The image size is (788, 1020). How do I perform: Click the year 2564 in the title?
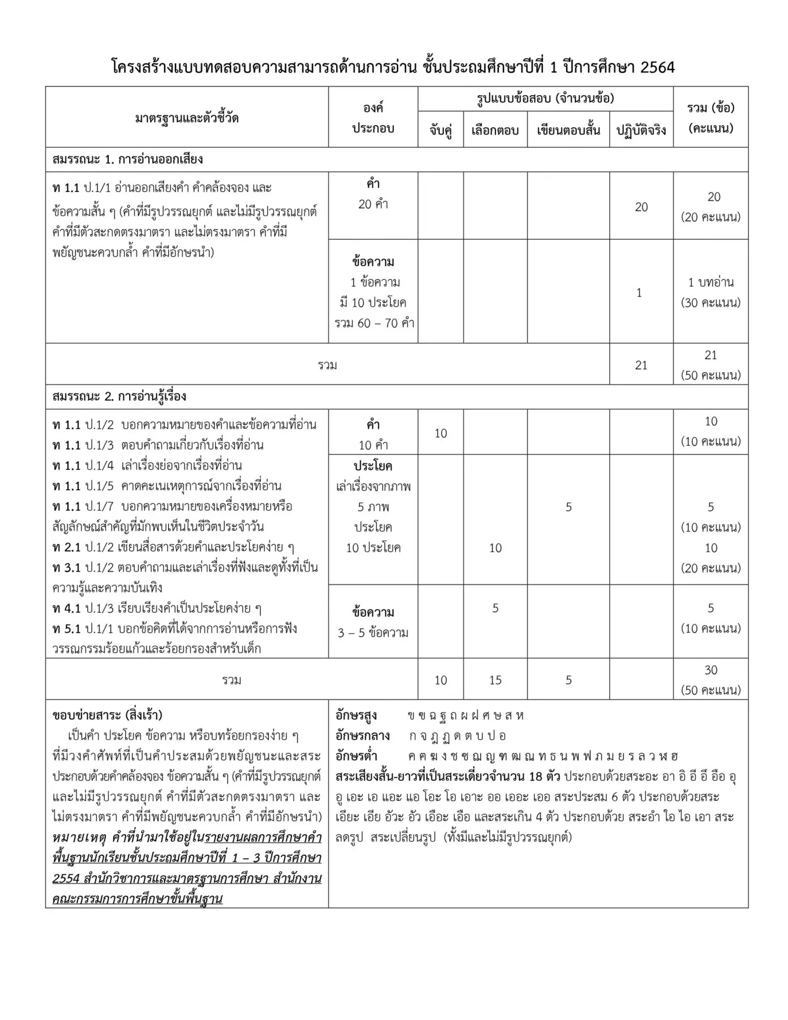(x=657, y=67)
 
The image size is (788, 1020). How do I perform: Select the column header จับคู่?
(x=440, y=130)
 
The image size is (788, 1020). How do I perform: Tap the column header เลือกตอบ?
(x=495, y=130)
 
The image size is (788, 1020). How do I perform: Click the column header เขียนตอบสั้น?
(x=568, y=130)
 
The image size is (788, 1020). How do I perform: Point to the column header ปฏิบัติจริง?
(x=641, y=130)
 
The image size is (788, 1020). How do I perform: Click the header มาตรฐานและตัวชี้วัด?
(x=187, y=118)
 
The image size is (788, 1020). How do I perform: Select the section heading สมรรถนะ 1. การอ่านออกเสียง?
(x=127, y=159)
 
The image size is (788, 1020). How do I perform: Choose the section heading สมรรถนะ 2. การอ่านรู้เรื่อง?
(x=119, y=396)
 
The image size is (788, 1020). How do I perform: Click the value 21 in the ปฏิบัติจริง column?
(x=641, y=365)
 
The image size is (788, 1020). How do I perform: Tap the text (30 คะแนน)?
(x=710, y=302)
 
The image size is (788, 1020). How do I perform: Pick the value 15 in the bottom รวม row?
(x=495, y=680)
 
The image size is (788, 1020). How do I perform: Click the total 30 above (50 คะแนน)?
(x=710, y=670)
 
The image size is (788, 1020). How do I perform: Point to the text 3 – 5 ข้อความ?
(x=372, y=633)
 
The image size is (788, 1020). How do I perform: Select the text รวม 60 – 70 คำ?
(x=374, y=323)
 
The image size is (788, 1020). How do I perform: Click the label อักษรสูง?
(x=356, y=715)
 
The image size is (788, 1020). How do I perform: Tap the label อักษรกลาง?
(x=362, y=736)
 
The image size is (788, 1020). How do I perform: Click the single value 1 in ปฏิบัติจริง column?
(x=639, y=292)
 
